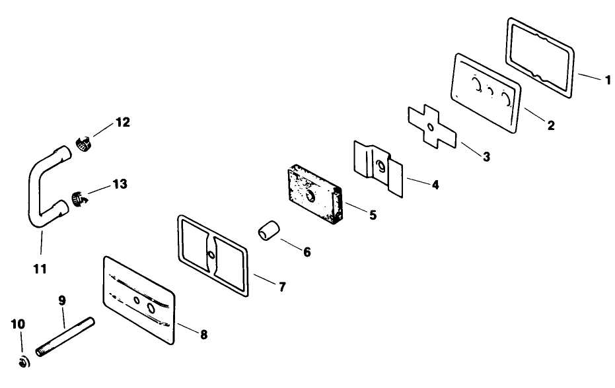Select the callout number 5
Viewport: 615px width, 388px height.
(x=373, y=214)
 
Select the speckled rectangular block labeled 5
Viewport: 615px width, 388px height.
(x=313, y=195)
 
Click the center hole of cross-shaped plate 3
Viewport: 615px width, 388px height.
(x=431, y=127)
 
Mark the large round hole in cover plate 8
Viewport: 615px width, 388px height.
(x=151, y=308)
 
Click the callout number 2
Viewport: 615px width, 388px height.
(x=550, y=125)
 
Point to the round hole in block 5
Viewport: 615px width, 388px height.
(x=311, y=197)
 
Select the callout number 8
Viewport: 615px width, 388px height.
(x=203, y=335)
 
